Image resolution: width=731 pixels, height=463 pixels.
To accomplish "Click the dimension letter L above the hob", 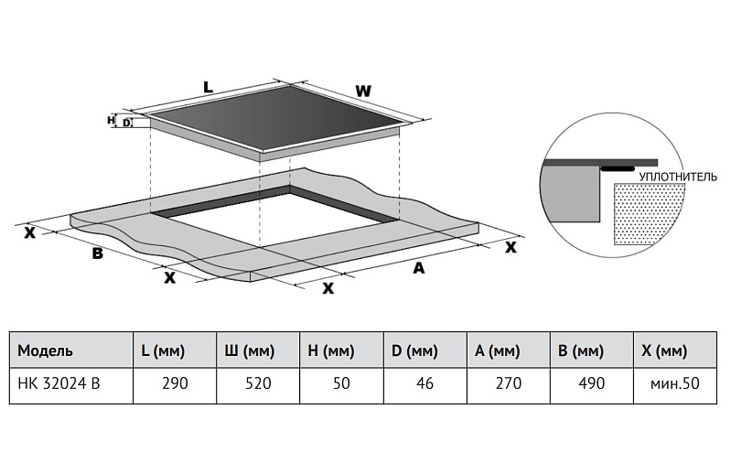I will coord(208,88).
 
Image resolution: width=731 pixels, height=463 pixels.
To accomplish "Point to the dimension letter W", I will coord(363,92).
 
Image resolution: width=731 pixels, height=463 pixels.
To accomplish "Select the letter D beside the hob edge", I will coord(126,123).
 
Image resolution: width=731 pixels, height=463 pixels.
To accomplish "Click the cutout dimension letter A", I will coord(419,268).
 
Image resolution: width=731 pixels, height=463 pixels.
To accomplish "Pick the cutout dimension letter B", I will coord(97,253).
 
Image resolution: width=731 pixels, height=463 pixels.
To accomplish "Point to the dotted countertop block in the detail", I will coord(649,216).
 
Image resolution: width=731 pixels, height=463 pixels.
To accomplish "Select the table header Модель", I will coord(45,350).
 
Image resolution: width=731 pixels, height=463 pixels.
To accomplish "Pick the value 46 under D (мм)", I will coord(425,383).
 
